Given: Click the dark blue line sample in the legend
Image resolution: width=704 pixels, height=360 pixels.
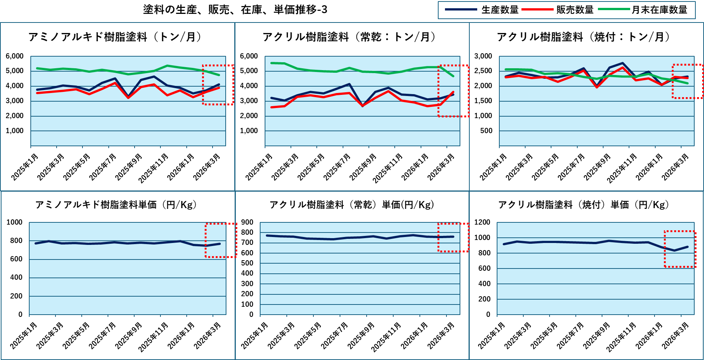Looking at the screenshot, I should coord(461,9).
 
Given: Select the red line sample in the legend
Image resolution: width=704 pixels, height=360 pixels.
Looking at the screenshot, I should coord(537,9).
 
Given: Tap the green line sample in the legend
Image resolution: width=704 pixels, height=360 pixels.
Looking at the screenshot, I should coord(614,9).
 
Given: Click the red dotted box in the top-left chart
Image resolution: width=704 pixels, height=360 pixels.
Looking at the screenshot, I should coord(218,85).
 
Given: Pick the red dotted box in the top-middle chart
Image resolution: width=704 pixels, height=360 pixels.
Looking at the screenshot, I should coord(453,91).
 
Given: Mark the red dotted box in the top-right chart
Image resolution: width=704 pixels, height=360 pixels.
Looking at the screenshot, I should coord(687,81).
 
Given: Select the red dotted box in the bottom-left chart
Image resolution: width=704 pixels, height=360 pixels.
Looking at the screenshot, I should coord(221,240).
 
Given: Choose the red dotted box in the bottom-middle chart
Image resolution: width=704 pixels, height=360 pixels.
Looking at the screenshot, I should coord(453,237).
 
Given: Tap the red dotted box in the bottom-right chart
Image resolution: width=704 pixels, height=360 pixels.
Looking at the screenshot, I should coord(680,249).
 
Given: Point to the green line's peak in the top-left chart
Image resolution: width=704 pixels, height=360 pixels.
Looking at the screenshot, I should coord(167,66).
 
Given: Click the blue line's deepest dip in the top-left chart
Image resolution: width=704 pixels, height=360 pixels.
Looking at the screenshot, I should coord(128,97).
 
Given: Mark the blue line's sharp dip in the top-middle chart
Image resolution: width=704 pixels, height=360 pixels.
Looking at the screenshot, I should coord(362,106).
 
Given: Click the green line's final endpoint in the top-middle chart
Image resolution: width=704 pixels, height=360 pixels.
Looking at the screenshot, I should coord(453,76).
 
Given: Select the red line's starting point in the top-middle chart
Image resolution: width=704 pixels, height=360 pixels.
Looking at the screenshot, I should coord(271,107).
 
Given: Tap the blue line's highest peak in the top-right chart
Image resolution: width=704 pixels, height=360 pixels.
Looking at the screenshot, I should coord(623,63).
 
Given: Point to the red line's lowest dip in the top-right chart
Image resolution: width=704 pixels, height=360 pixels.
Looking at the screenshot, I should coord(597,87).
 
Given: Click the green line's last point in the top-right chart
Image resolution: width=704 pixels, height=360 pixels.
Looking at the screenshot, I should coord(688,83).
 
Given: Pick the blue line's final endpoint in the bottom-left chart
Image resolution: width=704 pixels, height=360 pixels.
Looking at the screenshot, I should coord(220,244).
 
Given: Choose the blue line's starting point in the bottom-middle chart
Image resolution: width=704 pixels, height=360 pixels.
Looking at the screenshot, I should coord(267,235).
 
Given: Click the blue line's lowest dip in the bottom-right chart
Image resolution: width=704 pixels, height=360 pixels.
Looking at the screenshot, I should coord(674,250).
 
